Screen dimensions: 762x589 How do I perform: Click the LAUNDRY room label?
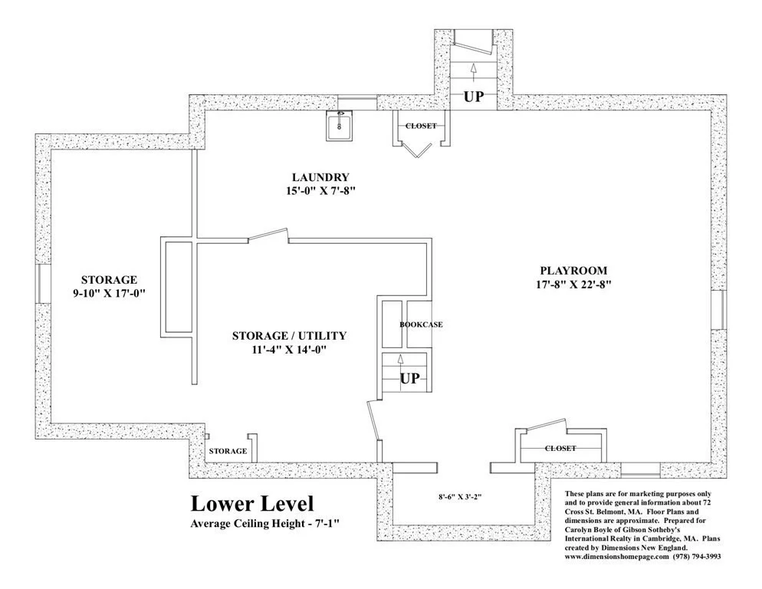click(x=320, y=177)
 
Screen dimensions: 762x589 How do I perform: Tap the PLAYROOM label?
click(x=573, y=271)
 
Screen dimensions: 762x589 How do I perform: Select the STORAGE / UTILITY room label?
click(x=289, y=336)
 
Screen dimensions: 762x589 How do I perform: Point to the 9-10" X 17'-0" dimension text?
click(x=109, y=293)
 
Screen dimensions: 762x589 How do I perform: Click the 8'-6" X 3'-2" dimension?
click(x=460, y=497)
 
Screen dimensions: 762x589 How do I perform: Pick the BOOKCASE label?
click(x=421, y=324)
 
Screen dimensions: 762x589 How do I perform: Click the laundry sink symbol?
click(x=339, y=126)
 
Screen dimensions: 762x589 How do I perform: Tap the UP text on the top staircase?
click(x=474, y=97)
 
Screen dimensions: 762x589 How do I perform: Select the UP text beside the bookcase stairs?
click(x=409, y=378)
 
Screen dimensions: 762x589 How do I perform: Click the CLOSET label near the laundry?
click(x=421, y=126)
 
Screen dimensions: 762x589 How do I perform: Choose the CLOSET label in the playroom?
click(x=560, y=448)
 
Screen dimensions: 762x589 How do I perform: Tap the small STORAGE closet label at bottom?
click(x=228, y=452)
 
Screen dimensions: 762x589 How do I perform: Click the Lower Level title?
click(x=252, y=503)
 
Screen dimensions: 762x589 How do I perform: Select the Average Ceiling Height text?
click(x=264, y=524)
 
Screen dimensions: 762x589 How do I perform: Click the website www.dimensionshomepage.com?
click(x=616, y=557)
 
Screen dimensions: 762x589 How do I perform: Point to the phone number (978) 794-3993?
click(x=697, y=557)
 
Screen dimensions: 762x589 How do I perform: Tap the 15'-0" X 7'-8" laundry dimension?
click(x=320, y=191)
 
